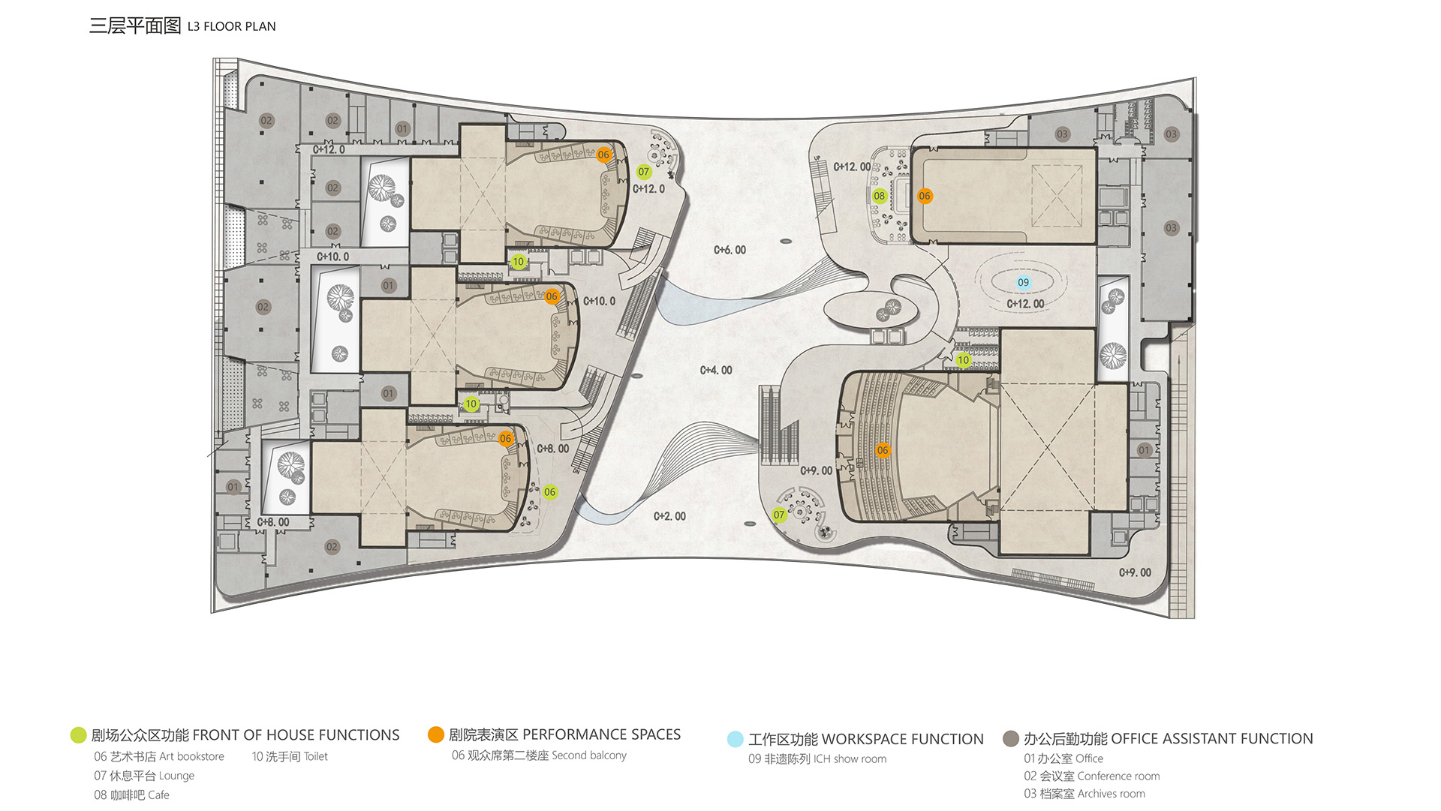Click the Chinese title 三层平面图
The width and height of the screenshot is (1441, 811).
[135, 26]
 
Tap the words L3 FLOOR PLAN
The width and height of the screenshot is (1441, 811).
[232, 26]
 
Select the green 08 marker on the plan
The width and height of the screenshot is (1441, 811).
[880, 196]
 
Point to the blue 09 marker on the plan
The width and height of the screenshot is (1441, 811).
[1024, 282]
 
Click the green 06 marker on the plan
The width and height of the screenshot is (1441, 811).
[550, 492]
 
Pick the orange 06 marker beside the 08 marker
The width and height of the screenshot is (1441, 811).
[925, 196]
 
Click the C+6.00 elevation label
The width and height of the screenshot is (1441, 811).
[730, 250]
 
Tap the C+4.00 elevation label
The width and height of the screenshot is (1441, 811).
[716, 370]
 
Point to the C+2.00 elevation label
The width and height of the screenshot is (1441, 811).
[669, 516]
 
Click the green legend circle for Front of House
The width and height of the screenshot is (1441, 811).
[78, 735]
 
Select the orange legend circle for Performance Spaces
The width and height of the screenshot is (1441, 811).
[436, 734]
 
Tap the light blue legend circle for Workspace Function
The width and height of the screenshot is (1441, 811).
[736, 739]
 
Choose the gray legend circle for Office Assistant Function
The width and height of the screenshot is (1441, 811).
[1011, 739]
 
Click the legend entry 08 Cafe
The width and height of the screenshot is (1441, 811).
[131, 795]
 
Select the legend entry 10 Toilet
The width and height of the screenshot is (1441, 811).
[290, 756]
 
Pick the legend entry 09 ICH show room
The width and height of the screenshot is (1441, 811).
[817, 759]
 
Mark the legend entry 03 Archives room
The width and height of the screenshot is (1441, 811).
[1085, 794]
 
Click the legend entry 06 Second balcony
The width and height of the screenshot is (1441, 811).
[539, 755]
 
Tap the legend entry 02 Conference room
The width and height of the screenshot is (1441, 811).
[1092, 776]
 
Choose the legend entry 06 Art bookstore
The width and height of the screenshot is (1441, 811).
[159, 756]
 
